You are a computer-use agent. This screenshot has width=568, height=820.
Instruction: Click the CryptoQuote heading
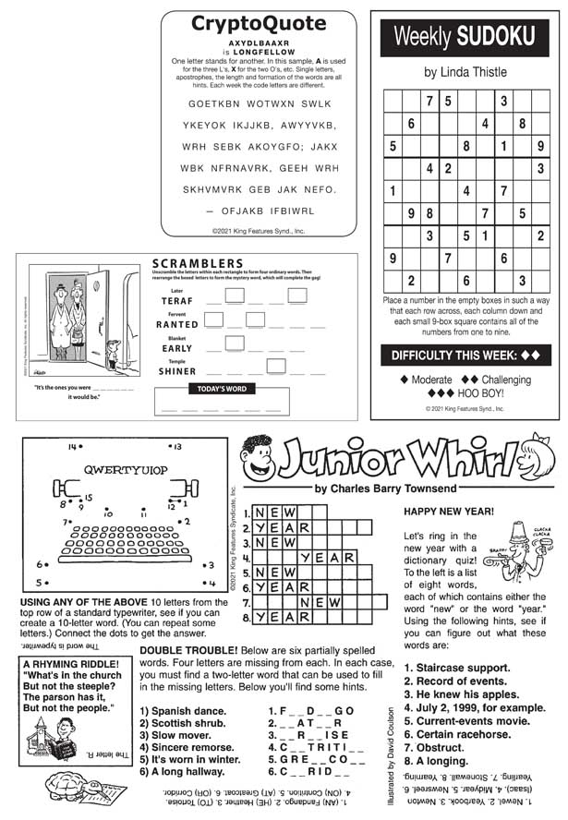point(258,24)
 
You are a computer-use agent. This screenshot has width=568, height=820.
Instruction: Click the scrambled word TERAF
point(177,301)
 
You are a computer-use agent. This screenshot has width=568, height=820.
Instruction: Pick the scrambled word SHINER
point(176,372)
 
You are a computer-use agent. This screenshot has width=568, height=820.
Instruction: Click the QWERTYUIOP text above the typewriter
point(126,469)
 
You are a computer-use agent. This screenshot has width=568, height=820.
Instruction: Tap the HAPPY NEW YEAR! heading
point(449,512)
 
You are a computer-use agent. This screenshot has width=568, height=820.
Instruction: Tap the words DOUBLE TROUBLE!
point(184,650)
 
